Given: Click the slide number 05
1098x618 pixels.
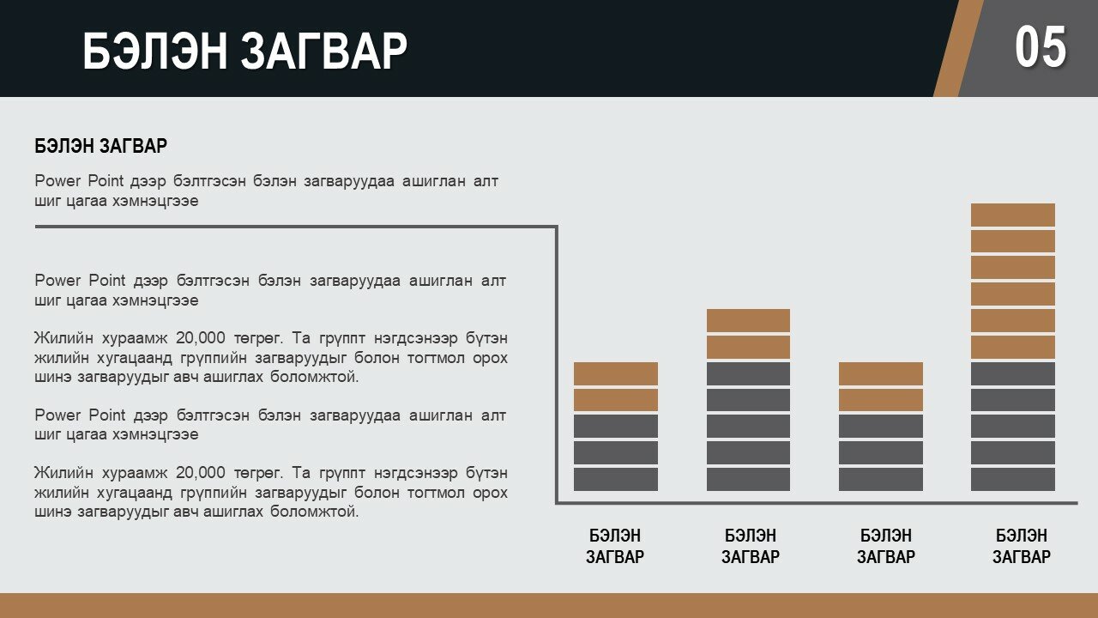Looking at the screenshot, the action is point(1041,47).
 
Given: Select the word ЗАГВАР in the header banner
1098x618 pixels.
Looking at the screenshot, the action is point(324,51).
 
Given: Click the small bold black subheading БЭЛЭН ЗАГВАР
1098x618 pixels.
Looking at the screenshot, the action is point(100,146).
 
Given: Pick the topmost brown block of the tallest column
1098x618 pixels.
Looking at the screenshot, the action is point(1013,215).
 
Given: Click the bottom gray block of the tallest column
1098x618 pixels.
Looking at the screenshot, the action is point(1013,479).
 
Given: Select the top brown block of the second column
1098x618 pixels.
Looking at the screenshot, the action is point(748,320).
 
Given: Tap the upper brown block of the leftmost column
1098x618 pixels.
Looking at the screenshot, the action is point(616,373).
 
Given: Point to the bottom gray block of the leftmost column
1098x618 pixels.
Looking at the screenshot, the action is point(616,479).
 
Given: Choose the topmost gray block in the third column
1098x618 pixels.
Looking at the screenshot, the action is point(880,427).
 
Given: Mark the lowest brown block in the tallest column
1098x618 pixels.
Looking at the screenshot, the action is point(1013,348).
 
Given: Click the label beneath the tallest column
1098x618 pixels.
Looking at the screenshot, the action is point(1022,546).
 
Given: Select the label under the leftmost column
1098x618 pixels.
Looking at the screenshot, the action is point(615,546).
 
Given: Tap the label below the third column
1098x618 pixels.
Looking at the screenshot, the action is point(886,546).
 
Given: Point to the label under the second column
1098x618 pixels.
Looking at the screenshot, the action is point(750,546).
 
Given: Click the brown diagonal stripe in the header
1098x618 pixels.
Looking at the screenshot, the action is point(958,48).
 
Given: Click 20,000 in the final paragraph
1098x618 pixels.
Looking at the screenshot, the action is point(201,473).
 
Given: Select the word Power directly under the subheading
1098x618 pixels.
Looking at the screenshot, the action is point(57,181).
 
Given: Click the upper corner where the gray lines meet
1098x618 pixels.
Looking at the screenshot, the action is point(557,227).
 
